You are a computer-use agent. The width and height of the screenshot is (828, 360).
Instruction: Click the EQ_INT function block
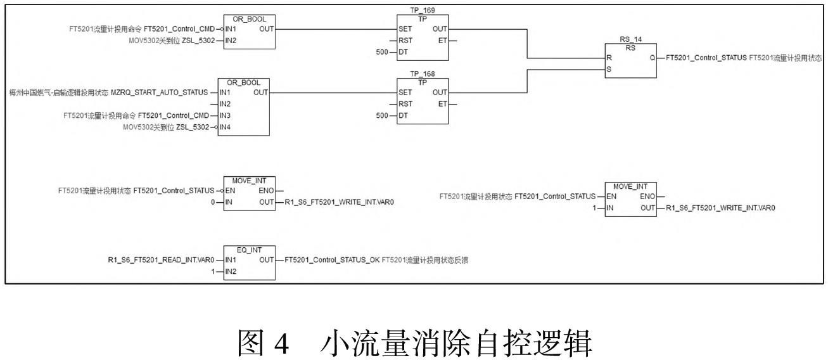coord(250,265)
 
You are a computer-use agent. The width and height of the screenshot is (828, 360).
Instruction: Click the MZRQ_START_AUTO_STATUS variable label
coord(159,93)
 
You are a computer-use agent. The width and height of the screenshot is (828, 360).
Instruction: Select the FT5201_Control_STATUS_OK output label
coord(333,260)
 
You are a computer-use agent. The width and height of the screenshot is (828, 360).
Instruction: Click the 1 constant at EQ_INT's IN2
coord(214,271)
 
